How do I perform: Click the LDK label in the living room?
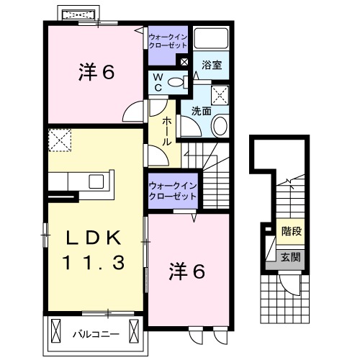pos(93,239)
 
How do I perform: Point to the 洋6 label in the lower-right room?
pos(188,271)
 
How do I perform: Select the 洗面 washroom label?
pos(201,112)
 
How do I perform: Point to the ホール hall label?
pos(166,132)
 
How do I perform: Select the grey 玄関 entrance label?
pos(292,256)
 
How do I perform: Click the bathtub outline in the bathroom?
pos(211,40)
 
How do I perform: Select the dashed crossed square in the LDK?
pos(60,139)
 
